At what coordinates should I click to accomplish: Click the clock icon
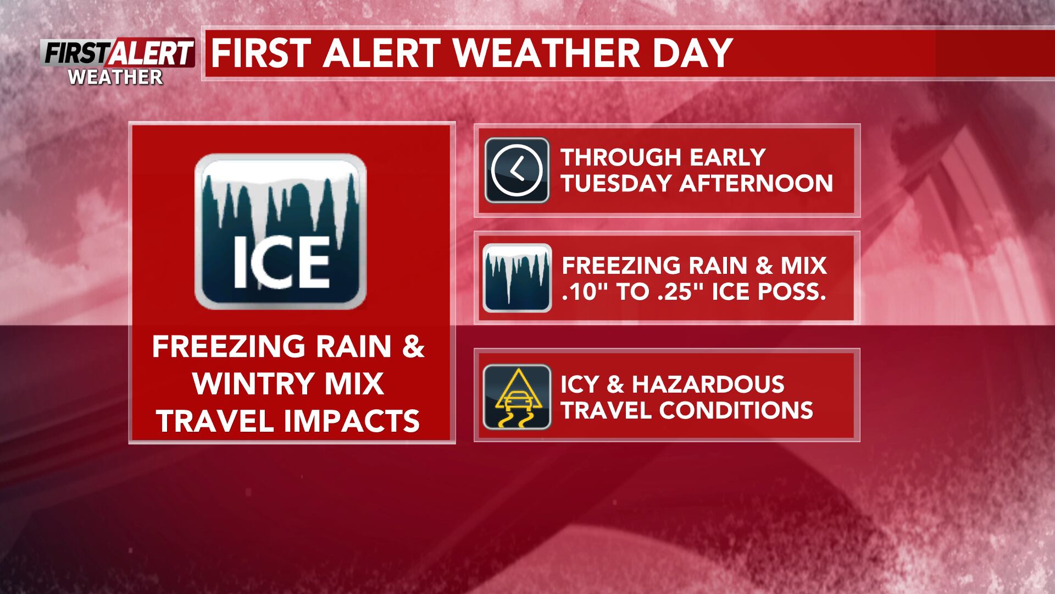click(517, 170)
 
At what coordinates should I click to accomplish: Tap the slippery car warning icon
click(517, 397)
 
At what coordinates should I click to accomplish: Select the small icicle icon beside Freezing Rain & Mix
click(517, 278)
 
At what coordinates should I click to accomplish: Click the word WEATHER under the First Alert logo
click(115, 77)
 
